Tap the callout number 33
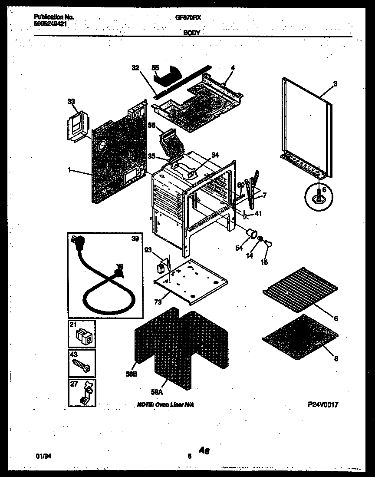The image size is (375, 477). pos(71,102)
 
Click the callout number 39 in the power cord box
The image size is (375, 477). pos(135,239)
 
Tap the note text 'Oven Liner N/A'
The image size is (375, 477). pos(165,404)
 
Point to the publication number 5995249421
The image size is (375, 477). pos(51,24)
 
